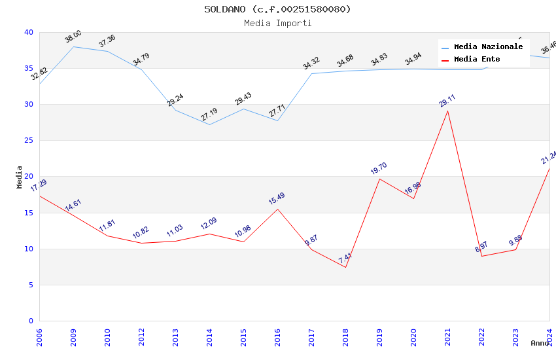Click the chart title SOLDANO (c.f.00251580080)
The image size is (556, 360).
coord(277,9)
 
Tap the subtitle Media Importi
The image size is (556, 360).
coord(277,23)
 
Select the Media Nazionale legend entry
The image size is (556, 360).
coord(488,46)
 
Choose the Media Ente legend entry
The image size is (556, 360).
coord(477,59)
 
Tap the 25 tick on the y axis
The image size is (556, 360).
coord(28,140)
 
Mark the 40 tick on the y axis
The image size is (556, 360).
coord(28,32)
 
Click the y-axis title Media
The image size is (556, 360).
coord(20,177)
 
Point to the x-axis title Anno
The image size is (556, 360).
coord(540,343)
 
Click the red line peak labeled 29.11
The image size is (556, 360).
coord(447,111)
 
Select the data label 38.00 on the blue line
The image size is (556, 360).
coord(73,37)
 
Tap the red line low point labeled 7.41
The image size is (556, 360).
coord(345,267)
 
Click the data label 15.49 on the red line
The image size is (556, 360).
coord(277,199)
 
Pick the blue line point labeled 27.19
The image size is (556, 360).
coord(209,124)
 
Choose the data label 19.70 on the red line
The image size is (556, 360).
coord(379,169)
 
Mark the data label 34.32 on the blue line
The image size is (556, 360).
coord(311,63)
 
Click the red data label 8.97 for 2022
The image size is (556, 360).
coord(481,247)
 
